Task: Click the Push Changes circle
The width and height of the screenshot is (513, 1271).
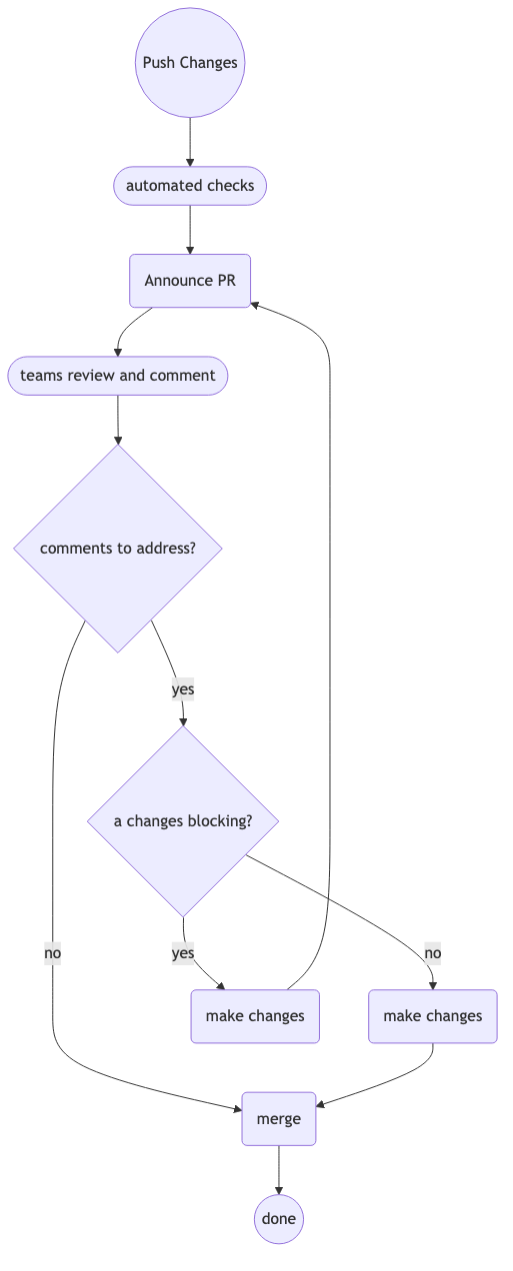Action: click(x=190, y=62)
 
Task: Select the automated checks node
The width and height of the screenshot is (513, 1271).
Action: click(x=190, y=186)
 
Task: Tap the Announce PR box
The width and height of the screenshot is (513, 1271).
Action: click(x=190, y=281)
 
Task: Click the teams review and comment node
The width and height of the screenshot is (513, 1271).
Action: click(x=118, y=376)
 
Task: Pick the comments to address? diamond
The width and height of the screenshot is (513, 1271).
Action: click(x=118, y=549)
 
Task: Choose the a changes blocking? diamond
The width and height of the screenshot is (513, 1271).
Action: click(x=183, y=821)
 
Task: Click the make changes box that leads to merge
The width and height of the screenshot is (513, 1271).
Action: click(x=433, y=1016)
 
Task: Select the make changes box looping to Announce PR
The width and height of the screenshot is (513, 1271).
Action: click(x=255, y=1016)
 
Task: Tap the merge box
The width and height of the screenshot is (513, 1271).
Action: click(x=279, y=1119)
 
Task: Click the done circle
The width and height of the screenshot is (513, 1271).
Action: click(x=279, y=1219)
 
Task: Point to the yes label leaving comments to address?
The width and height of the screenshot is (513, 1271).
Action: click(x=183, y=689)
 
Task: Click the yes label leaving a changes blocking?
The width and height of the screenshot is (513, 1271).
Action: click(x=183, y=953)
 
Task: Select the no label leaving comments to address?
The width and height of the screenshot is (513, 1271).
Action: click(x=53, y=953)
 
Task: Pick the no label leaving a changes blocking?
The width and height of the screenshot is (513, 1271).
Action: click(x=433, y=953)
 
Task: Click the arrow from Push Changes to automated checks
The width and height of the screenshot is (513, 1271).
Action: click(x=190, y=142)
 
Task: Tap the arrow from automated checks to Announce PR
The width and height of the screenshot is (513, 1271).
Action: click(x=190, y=229)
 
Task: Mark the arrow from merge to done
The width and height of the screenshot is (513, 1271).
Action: click(x=279, y=1170)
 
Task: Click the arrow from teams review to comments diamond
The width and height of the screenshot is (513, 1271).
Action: click(x=118, y=420)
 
